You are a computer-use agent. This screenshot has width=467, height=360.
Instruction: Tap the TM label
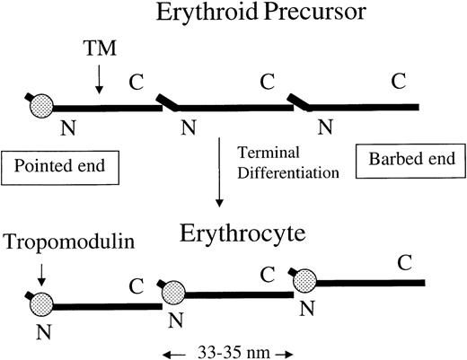click(99, 52)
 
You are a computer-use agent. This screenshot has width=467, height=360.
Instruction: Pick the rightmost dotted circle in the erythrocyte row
click(306, 281)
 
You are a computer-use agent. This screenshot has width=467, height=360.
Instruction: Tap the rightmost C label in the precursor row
click(398, 82)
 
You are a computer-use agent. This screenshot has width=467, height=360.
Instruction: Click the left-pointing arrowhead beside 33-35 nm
click(167, 347)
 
